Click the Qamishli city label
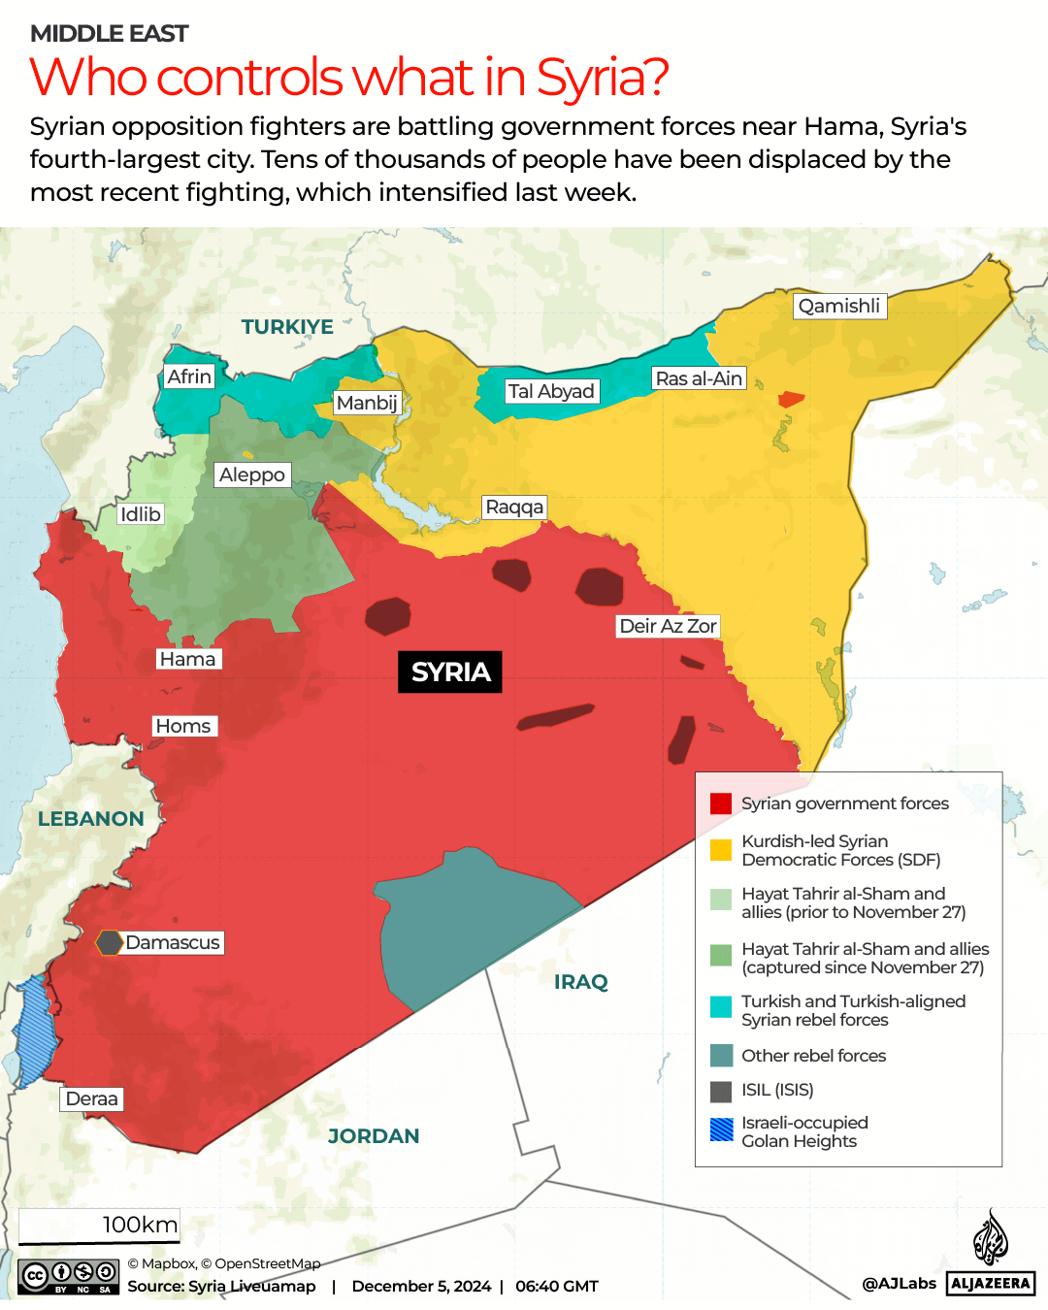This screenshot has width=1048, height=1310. click(x=839, y=306)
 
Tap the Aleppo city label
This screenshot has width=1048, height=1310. click(x=252, y=475)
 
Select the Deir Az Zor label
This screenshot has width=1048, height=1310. click(x=668, y=626)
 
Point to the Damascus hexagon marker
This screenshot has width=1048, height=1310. click(x=109, y=942)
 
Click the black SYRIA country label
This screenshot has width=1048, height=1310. click(x=450, y=671)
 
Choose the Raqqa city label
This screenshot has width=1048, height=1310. click(x=514, y=507)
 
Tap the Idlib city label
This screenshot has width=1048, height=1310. click(x=141, y=514)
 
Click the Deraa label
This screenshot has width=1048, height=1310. click(x=92, y=1098)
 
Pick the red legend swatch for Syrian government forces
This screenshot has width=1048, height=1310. click(x=720, y=803)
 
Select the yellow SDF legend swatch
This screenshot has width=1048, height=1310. click(x=720, y=850)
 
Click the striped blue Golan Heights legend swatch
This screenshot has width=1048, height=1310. click(x=720, y=1130)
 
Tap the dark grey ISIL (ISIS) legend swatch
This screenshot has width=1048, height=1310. click(x=720, y=1091)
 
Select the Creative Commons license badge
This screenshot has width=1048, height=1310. click(x=68, y=1276)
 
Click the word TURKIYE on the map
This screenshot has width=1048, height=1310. click(x=287, y=327)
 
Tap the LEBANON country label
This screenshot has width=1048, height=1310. click(x=91, y=819)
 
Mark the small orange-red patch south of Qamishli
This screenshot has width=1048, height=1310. click(x=791, y=399)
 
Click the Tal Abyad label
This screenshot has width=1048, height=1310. click(x=551, y=391)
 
